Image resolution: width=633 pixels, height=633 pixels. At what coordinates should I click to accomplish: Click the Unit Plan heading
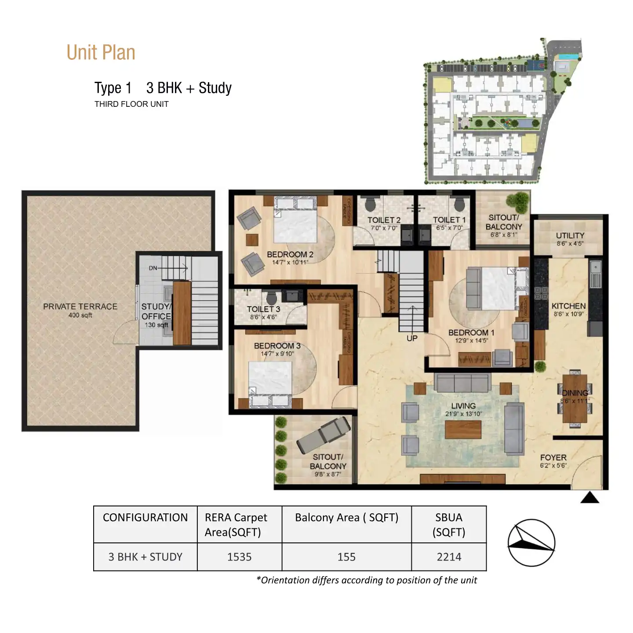coord(101,52)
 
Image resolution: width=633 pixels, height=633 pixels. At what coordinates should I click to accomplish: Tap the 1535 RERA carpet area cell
coord(239,557)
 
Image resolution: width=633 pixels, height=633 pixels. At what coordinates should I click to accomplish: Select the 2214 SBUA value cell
coord(449,557)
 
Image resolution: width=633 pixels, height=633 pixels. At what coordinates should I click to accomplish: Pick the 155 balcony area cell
coord(346,557)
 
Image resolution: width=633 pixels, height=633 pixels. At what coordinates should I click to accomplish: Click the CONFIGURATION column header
coord(145,518)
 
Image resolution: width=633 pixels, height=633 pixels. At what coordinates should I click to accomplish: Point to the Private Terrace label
coord(80,307)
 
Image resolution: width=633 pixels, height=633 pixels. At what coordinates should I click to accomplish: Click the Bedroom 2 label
coord(290,255)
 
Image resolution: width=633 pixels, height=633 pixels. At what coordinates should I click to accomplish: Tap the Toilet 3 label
coord(263,309)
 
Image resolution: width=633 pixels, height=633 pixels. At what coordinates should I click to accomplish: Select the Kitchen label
coord(568,306)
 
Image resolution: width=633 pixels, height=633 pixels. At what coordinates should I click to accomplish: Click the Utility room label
coord(570,236)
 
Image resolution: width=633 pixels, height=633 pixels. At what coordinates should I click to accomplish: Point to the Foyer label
coord(553,458)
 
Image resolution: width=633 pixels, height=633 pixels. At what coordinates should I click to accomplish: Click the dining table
coord(575,398)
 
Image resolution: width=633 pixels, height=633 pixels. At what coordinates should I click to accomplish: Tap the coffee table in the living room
coord(463,429)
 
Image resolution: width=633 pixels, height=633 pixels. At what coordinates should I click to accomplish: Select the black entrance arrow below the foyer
coord(589,498)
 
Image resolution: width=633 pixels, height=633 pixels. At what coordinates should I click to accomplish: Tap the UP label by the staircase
coord(412,338)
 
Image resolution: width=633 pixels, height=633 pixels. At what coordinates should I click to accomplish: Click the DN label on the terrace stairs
coord(153,268)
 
